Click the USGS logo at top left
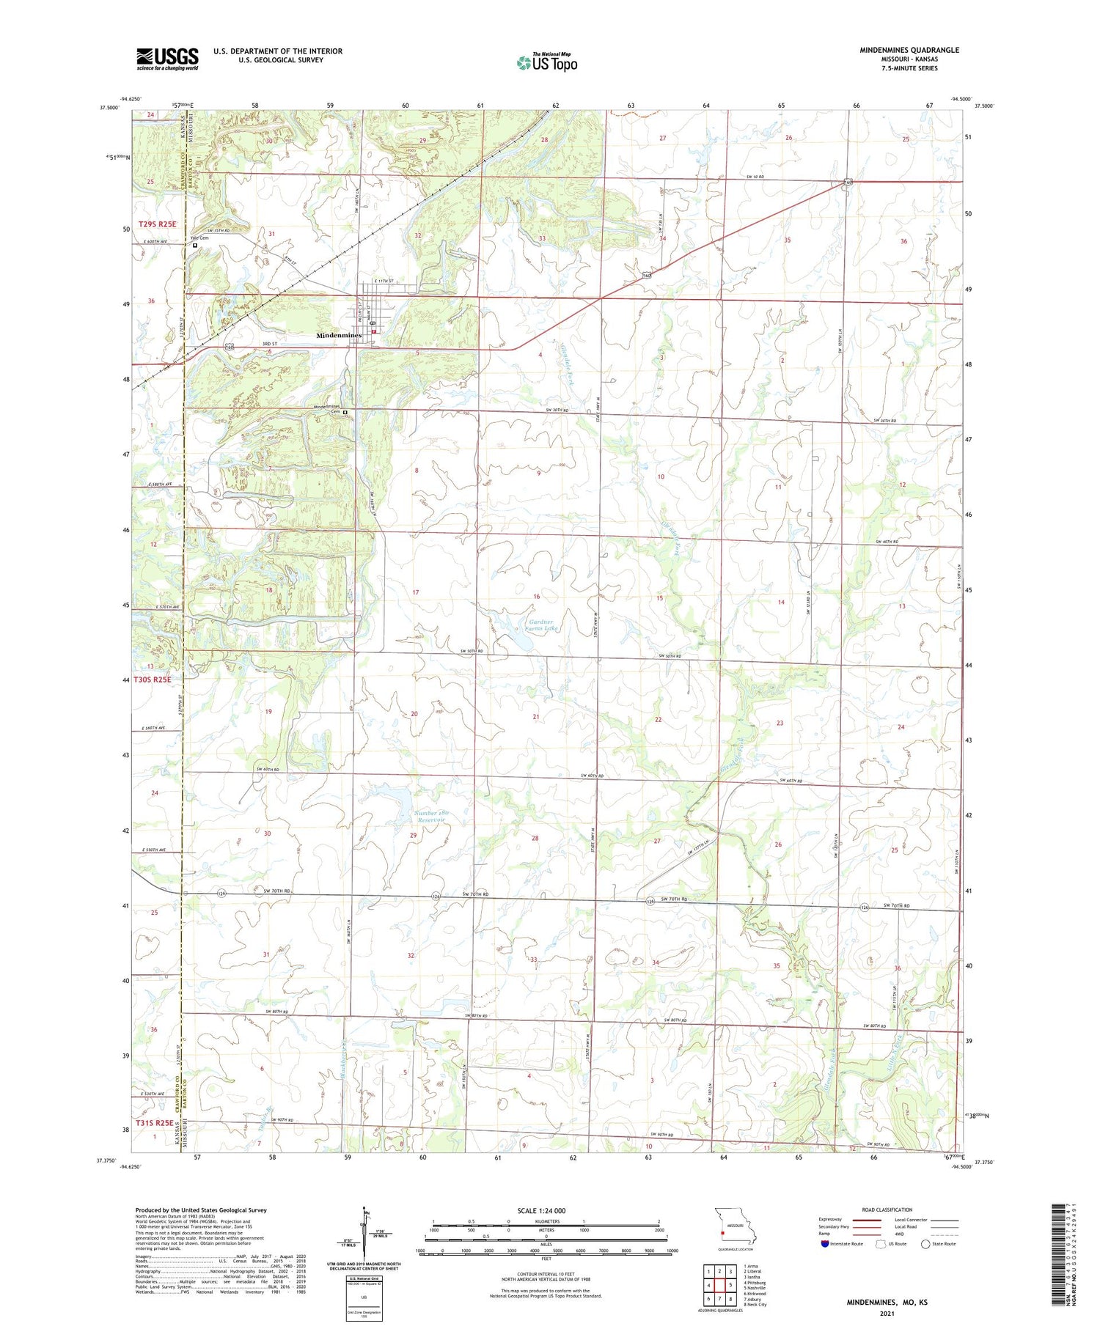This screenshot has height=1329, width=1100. pos(167,59)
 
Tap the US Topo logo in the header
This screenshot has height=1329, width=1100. pos(546,63)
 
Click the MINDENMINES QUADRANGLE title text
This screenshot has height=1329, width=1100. pos(909,50)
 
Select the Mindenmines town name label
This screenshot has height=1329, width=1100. pos(339,335)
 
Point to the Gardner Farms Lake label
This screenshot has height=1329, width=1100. pos(543,625)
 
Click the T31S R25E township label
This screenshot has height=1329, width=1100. pos(154,1122)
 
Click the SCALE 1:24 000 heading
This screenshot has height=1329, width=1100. pos(541,1210)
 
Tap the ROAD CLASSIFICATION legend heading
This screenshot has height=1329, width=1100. pos(887,1210)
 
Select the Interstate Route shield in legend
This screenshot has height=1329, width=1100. pos(825,1243)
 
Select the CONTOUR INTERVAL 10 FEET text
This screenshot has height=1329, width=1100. pos(545,1275)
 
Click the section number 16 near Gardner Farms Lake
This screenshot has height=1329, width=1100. pos(536,597)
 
